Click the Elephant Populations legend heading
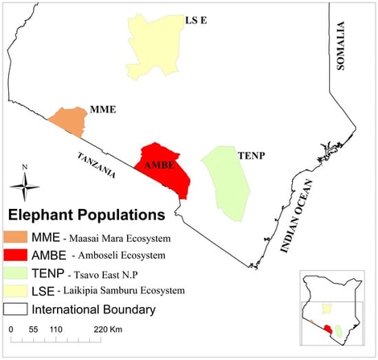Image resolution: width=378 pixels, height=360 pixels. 86,215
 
